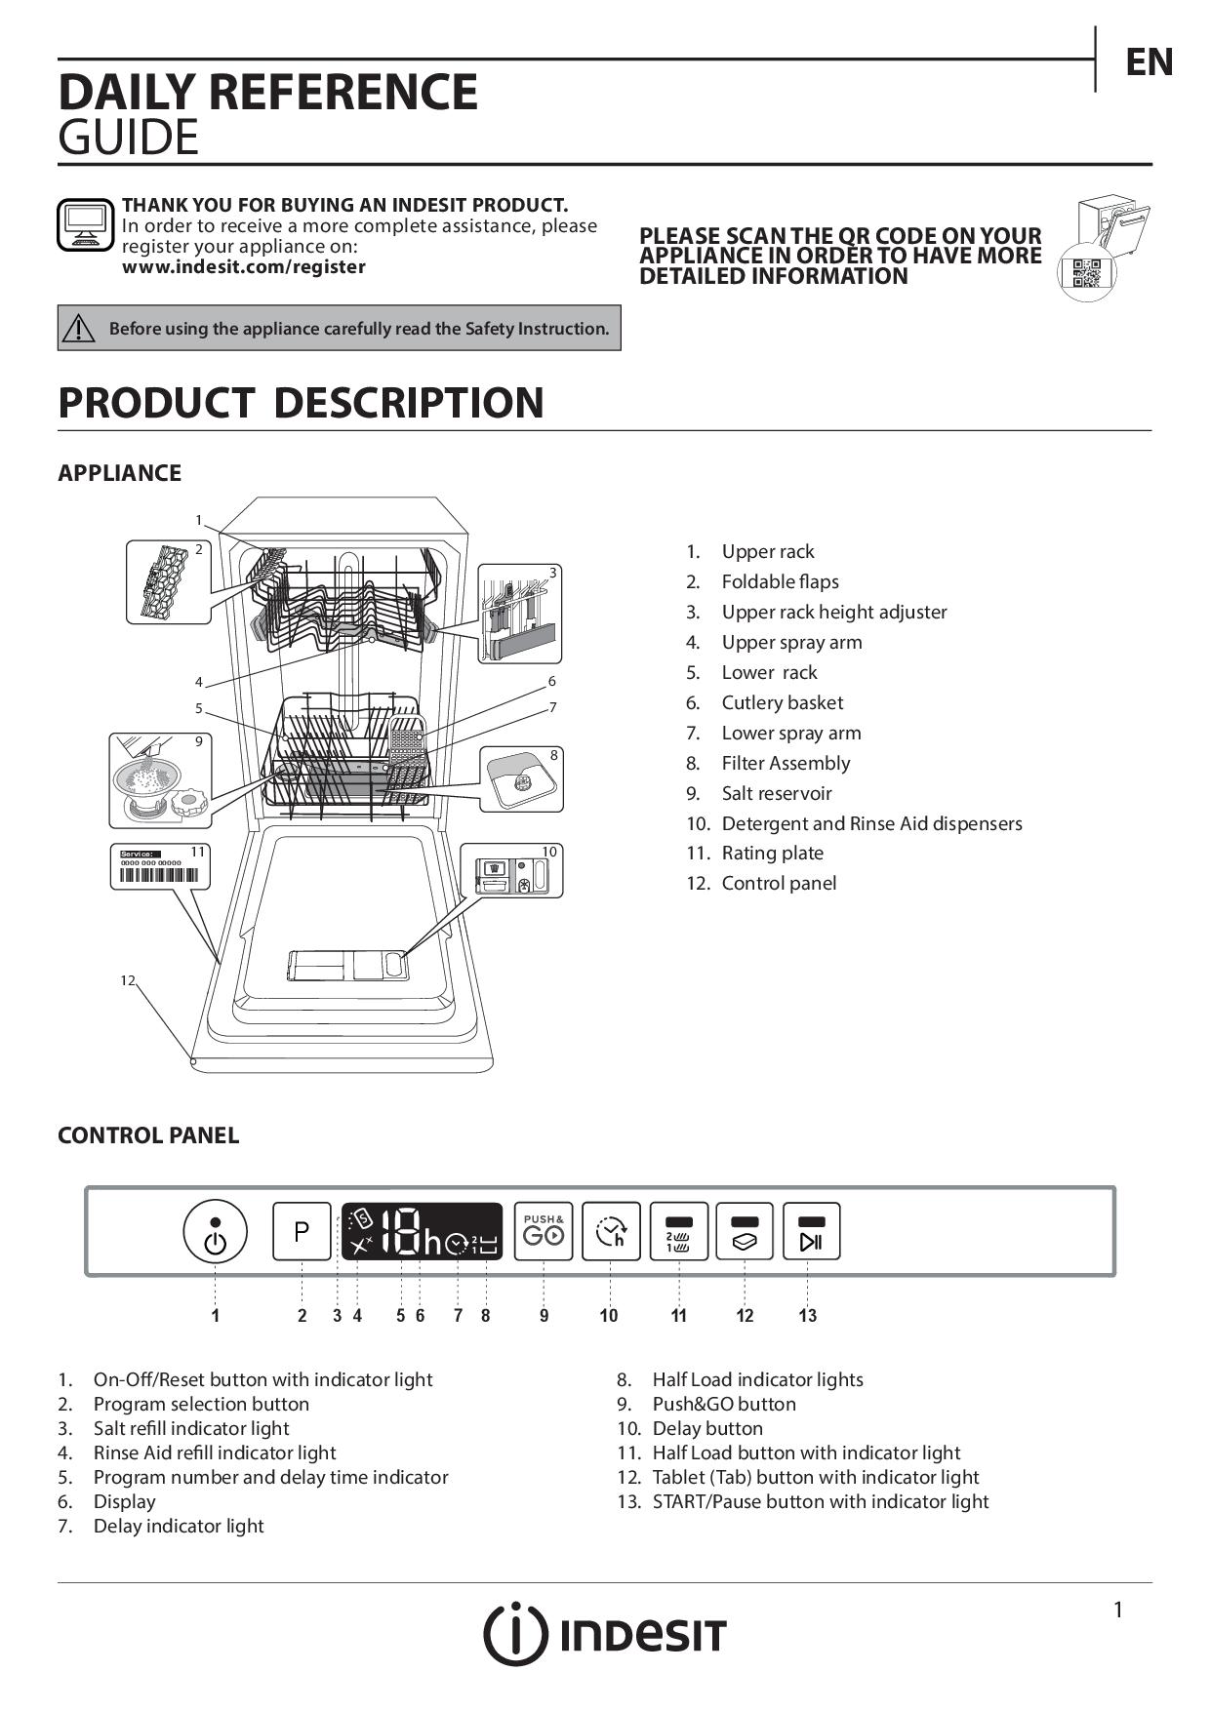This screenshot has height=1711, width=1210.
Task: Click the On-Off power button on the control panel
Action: point(215,1231)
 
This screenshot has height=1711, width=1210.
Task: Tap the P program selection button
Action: point(302,1231)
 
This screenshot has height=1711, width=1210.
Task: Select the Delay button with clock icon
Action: point(611,1231)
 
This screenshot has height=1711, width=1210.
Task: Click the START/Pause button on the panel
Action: point(811,1231)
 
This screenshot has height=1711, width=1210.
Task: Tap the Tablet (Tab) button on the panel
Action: point(745,1231)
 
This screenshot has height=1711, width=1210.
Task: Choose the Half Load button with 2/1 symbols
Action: point(679,1231)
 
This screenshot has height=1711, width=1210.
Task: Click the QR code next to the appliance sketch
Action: point(1086,273)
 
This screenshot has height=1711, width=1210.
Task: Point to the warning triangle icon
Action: point(78,329)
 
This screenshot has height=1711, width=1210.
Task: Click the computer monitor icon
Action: point(85,224)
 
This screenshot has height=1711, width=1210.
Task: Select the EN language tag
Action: point(1149,62)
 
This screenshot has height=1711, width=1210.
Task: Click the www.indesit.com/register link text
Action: point(244,267)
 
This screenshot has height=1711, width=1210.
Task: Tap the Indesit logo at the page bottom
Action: point(605,1634)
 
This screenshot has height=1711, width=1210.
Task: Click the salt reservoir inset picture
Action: point(159,780)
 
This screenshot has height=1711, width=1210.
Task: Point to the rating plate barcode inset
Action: point(159,866)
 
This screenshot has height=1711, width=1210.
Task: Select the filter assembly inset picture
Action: point(521,778)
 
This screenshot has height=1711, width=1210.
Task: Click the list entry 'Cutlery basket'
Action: point(782,702)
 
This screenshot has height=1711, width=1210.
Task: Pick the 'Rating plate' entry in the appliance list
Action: point(772,854)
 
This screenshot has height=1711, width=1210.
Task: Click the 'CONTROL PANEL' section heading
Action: point(148,1135)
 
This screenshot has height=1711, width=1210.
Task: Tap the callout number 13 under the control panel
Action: point(807,1316)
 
